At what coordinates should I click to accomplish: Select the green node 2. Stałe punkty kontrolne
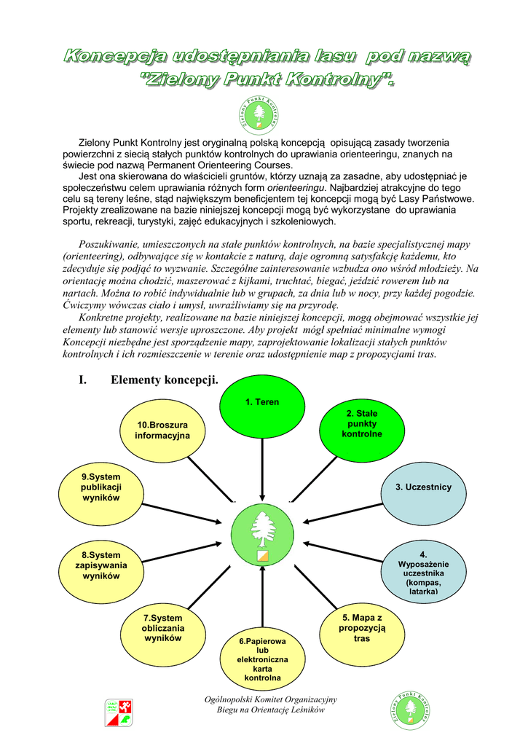click(x=362, y=429)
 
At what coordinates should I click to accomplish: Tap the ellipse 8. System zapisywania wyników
click(x=101, y=569)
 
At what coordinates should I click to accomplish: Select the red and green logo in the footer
click(x=119, y=712)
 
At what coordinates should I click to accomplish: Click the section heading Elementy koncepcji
click(x=164, y=380)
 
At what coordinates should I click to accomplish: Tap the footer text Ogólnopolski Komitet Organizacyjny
click(x=270, y=699)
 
